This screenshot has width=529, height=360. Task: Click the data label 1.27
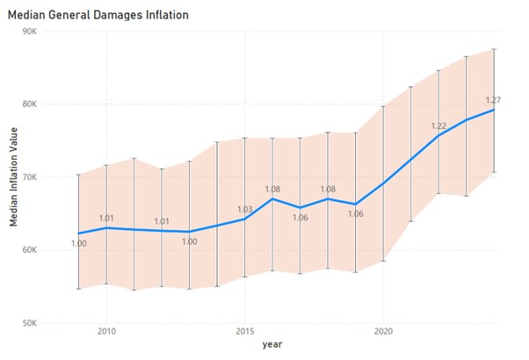[493, 99]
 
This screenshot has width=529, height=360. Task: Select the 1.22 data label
[438, 126]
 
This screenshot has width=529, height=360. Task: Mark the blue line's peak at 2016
[272, 198]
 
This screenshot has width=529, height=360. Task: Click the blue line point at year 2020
[383, 182]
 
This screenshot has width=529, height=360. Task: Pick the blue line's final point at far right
[494, 110]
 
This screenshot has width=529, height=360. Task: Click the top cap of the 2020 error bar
[383, 106]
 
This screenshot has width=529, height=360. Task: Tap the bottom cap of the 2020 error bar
[383, 261]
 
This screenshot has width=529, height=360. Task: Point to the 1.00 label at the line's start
[78, 243]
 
